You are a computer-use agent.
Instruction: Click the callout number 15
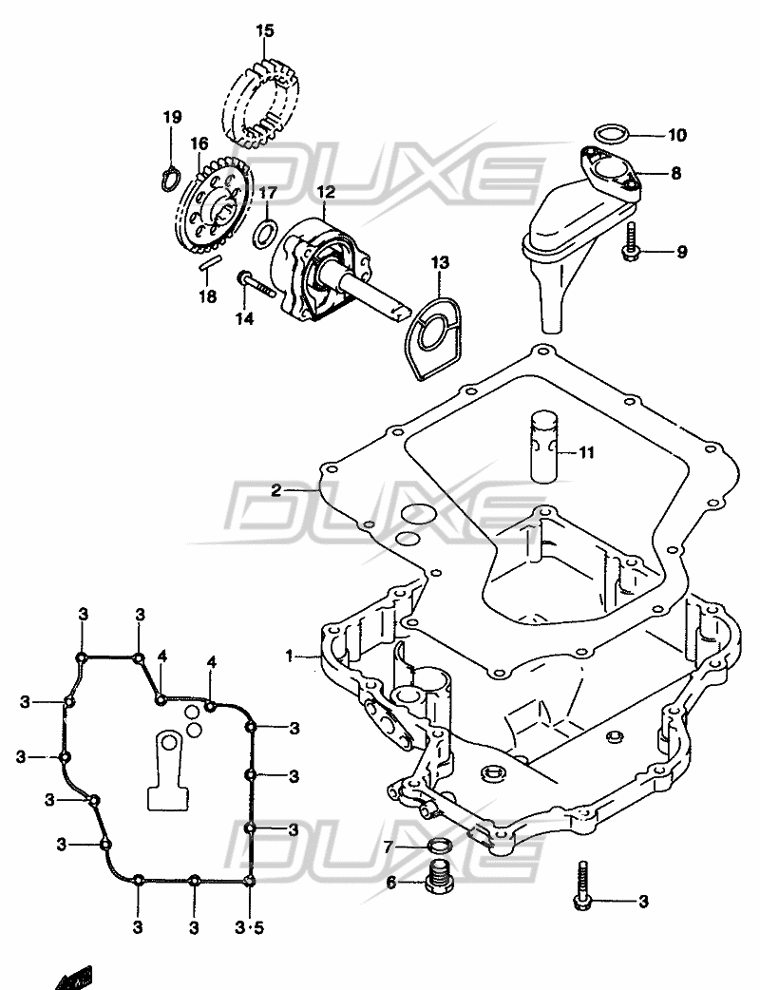click(264, 32)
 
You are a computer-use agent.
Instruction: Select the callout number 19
click(171, 117)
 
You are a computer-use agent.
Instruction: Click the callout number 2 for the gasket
click(275, 490)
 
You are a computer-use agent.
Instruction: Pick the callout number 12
click(327, 191)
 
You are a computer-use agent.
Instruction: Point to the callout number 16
click(198, 143)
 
